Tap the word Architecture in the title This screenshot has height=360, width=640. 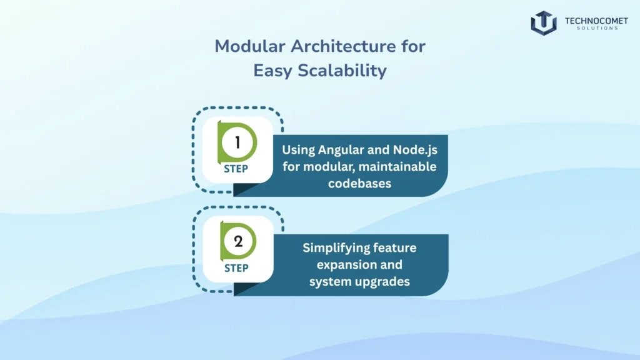(x=333, y=47)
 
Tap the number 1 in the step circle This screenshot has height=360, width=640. (x=237, y=142)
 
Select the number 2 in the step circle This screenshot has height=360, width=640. (x=237, y=242)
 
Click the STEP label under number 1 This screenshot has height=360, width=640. (x=236, y=169)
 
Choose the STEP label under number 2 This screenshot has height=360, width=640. (x=236, y=268)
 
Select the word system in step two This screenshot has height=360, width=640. (x=330, y=281)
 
